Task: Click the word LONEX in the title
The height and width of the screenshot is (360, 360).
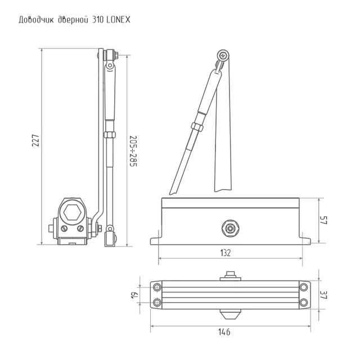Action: [119, 20]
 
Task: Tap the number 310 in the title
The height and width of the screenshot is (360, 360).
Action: [98, 20]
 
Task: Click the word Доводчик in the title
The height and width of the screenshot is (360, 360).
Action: [36, 20]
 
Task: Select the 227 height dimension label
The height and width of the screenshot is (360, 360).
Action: [35, 140]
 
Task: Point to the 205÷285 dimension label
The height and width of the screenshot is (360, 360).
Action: [133, 151]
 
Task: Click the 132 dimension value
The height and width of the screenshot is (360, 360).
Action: [225, 253]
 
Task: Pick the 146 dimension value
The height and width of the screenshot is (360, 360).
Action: [224, 332]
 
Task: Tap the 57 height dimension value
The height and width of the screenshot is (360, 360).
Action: [323, 220]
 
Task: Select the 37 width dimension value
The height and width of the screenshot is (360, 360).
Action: [323, 295]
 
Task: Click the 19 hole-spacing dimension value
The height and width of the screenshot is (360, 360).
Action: [134, 295]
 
